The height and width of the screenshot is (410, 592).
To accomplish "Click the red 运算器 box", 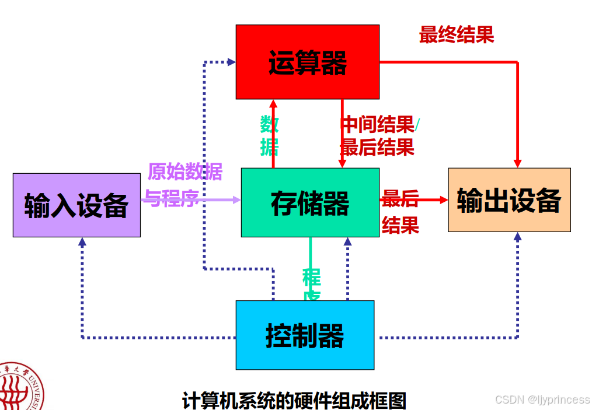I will point(307,62).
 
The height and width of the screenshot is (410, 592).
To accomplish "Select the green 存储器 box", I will point(310,202).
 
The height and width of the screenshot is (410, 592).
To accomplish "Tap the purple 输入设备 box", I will point(76,205).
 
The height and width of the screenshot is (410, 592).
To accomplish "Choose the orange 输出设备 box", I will point(509,200).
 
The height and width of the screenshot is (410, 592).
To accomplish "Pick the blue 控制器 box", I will point(305,335).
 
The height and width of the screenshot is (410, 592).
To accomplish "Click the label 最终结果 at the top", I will point(456,35).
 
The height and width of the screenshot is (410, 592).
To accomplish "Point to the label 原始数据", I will point(184,172).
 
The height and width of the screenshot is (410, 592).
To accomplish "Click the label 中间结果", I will point(377,124).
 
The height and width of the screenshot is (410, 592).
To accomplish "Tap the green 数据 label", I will point(269,135).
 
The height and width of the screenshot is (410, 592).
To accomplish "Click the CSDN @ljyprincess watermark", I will point(542,400).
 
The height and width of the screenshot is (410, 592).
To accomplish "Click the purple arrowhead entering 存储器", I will point(237,200).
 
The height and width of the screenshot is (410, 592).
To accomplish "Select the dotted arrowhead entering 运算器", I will point(231,61).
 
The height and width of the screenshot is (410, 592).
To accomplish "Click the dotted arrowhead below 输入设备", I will point(82,241).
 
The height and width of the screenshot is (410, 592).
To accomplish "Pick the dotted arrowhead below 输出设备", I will point(517,237).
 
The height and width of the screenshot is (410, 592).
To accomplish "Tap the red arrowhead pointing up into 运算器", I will point(273,104).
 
